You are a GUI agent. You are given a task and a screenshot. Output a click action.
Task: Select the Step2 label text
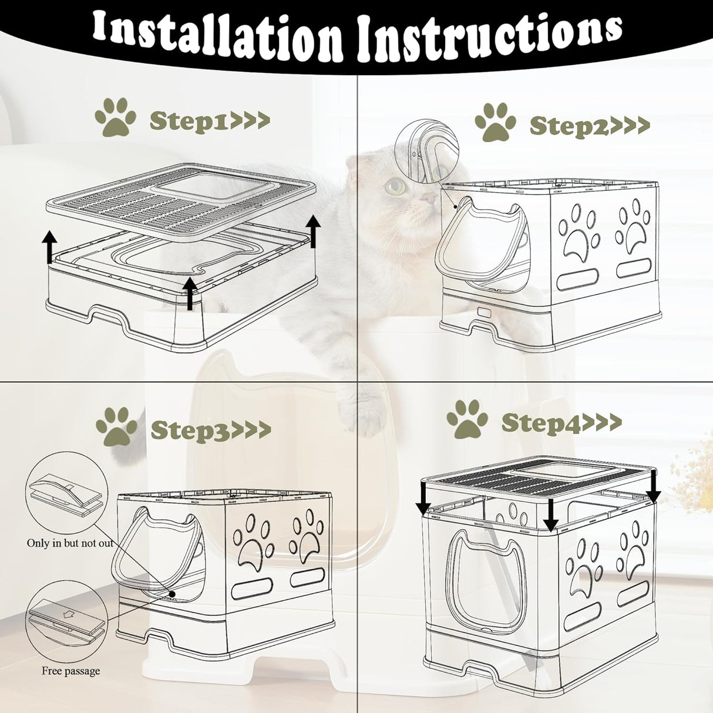click(589, 125)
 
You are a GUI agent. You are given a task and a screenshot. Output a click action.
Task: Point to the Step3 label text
click(210, 429)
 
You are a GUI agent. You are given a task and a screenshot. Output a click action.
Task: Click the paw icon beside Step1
click(116, 117)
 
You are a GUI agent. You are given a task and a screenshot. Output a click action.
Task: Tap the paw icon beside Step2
click(495, 122)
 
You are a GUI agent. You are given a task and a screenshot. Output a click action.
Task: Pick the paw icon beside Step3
click(116, 426)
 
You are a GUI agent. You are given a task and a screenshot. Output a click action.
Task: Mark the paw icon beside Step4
click(467, 419)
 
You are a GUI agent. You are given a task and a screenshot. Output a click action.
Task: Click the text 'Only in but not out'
click(70, 543)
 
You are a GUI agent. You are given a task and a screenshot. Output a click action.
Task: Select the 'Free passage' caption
click(70, 671)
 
